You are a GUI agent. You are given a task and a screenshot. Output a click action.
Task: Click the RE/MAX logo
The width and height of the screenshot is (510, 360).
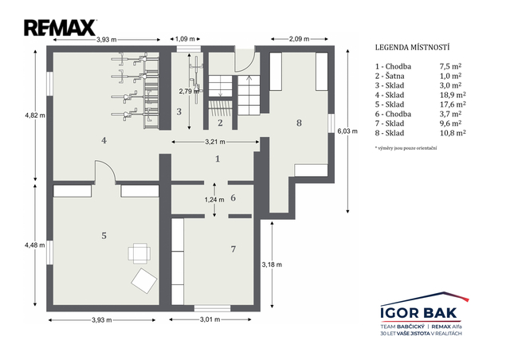coord(61,28)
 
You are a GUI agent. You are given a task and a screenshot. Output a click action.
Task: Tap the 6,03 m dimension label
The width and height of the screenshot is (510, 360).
coord(347,131)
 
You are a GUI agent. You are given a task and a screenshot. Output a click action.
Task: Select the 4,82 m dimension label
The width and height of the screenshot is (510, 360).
coord(35,115)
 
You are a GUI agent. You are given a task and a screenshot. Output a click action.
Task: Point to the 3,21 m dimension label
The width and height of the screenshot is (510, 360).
coord(215,142)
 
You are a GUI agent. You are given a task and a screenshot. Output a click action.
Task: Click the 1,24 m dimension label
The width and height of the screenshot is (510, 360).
coord(214,200)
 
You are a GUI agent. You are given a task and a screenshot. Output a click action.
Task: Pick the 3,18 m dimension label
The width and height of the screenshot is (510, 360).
coord(272,264)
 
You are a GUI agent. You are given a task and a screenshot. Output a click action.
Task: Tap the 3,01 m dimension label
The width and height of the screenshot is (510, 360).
coord(210,319)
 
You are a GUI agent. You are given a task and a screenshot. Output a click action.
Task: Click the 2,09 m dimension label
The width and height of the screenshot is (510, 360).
coord(300,39)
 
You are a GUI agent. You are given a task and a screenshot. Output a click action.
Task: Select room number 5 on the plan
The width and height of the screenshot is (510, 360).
coord(104,236)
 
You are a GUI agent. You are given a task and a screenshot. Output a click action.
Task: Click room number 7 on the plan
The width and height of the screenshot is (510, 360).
coord(233,249)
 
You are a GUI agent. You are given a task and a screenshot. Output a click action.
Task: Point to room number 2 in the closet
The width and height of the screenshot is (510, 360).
coord(220,123)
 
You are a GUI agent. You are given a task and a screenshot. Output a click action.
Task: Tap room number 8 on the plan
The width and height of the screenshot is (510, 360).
coord(299,123)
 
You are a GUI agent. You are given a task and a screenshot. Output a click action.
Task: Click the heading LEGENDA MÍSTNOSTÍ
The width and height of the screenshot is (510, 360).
coord(413,48)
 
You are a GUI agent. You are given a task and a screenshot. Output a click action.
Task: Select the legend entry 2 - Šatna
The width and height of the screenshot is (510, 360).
coord(390,76)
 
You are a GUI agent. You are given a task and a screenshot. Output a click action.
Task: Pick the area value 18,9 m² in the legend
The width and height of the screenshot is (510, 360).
coord(453,95)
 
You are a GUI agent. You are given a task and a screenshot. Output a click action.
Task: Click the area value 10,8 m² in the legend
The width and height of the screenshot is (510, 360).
coord(453,133)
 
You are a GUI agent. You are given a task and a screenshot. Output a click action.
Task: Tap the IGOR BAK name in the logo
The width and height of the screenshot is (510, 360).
coord(419,313)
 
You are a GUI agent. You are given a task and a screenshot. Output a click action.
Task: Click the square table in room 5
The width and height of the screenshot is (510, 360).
coord(139,253)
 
